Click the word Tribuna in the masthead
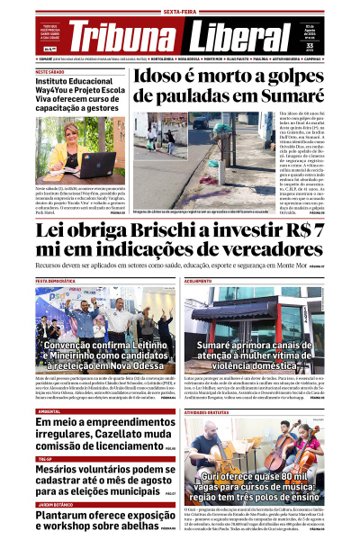[124, 35]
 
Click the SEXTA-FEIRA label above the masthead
[180, 11]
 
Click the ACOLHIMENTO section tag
[199, 281]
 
